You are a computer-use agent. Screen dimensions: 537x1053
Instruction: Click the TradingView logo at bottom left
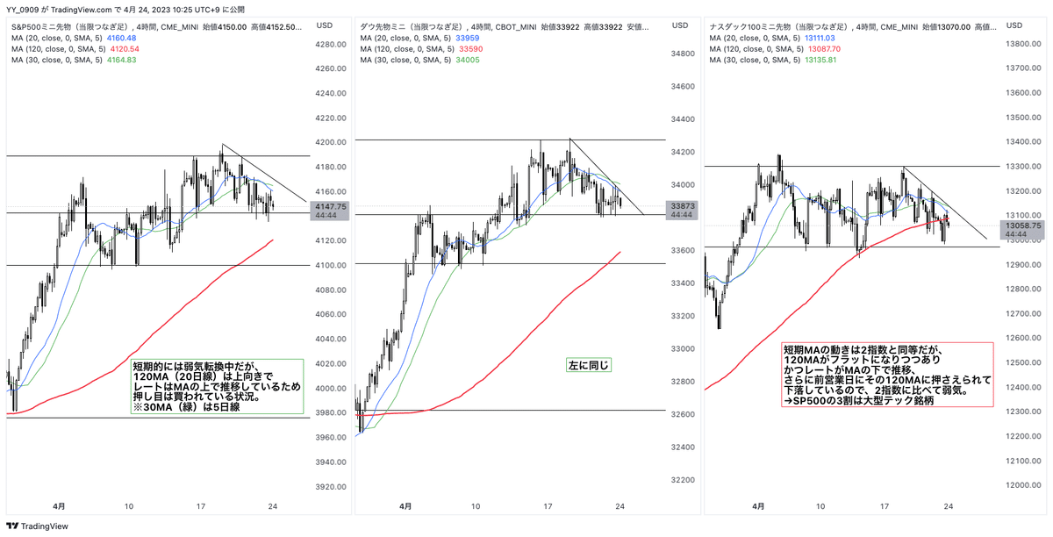tap(35, 526)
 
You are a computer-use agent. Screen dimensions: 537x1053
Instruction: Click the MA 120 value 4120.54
tap(122, 48)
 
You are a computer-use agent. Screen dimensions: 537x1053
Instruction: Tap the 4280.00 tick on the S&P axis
tap(330, 44)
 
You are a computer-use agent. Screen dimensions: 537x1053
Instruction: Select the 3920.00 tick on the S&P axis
tap(330, 486)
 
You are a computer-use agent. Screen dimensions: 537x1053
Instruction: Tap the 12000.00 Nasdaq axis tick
tap(1024, 485)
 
